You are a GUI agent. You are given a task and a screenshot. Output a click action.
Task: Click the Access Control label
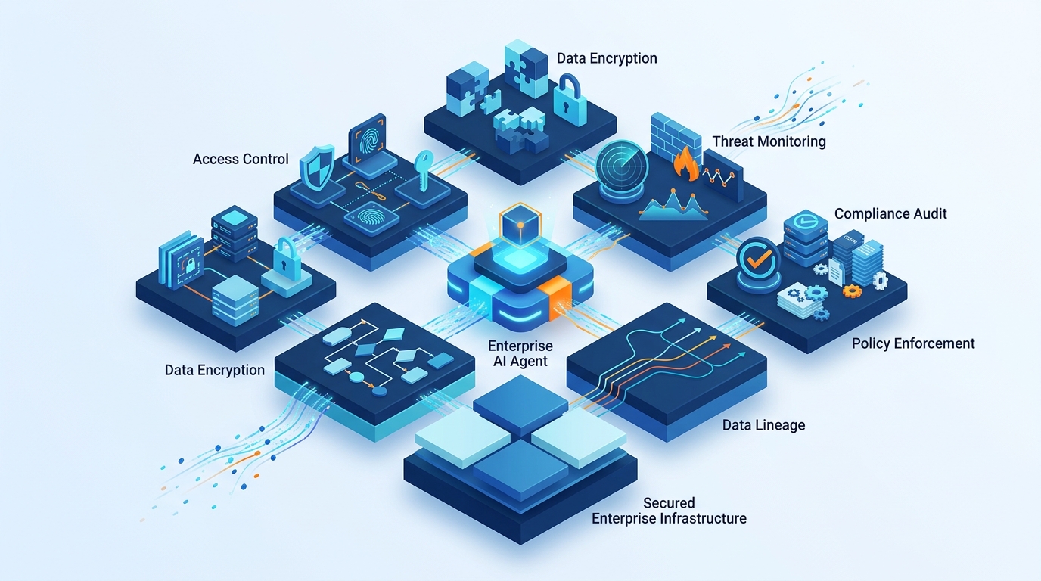coord(241,159)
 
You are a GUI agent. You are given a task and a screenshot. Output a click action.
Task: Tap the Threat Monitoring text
coord(769,141)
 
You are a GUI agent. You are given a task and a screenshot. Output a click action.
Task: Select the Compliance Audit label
coord(890,213)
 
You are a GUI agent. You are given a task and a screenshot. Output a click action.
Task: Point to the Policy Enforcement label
coord(913,343)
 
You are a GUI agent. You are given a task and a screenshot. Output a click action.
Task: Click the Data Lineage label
coord(763,425)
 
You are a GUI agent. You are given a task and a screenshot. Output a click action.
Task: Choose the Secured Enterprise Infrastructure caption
coord(669,511)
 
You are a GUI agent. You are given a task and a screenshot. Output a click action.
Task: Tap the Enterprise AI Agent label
coord(520,353)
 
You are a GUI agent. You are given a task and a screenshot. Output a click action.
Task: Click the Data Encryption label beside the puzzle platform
coord(607,58)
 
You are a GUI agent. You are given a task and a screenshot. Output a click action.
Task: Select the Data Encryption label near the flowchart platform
coord(215,370)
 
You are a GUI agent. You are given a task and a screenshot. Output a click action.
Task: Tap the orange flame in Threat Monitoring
coord(685,164)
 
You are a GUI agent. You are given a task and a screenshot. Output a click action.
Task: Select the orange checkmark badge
coord(757,259)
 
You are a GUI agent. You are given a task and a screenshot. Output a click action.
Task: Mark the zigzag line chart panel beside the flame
coord(722,175)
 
